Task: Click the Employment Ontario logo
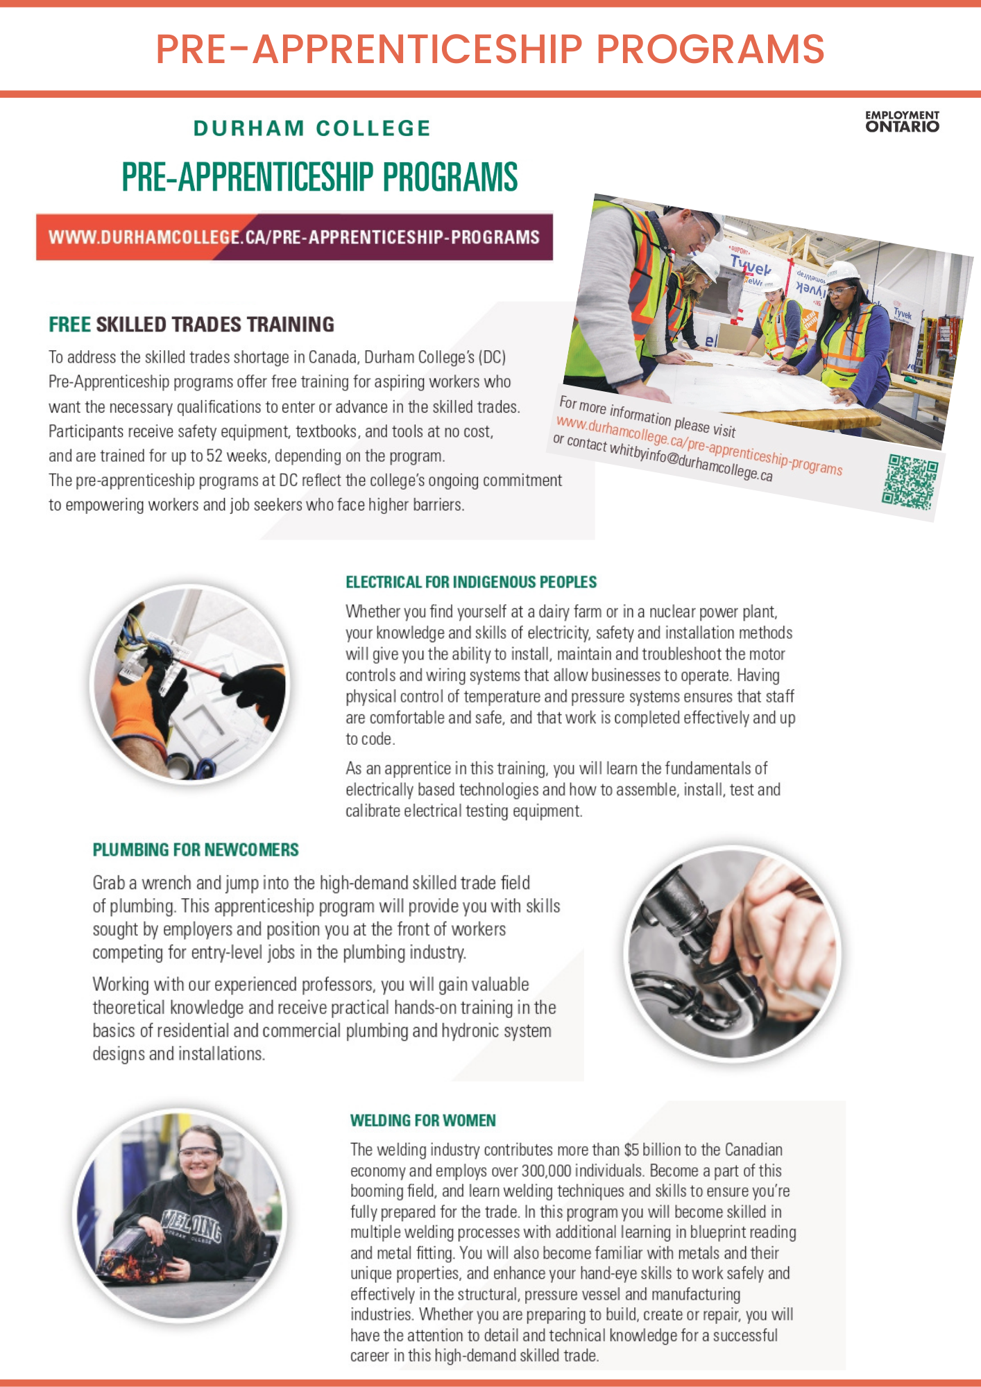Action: click(x=902, y=121)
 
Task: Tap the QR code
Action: click(x=910, y=482)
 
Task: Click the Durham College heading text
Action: click(x=312, y=128)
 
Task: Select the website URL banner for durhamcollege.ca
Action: click(x=294, y=237)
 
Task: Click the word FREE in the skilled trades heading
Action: click(x=69, y=325)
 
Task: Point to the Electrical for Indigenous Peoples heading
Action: click(x=471, y=582)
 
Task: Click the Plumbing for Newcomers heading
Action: click(x=196, y=850)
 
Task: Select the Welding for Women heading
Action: click(x=423, y=1120)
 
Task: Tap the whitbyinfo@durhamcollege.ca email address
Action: click(x=690, y=461)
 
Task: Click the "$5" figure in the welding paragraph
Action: click(x=631, y=1150)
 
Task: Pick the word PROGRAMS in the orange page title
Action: click(x=710, y=49)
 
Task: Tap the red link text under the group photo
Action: click(x=699, y=446)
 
